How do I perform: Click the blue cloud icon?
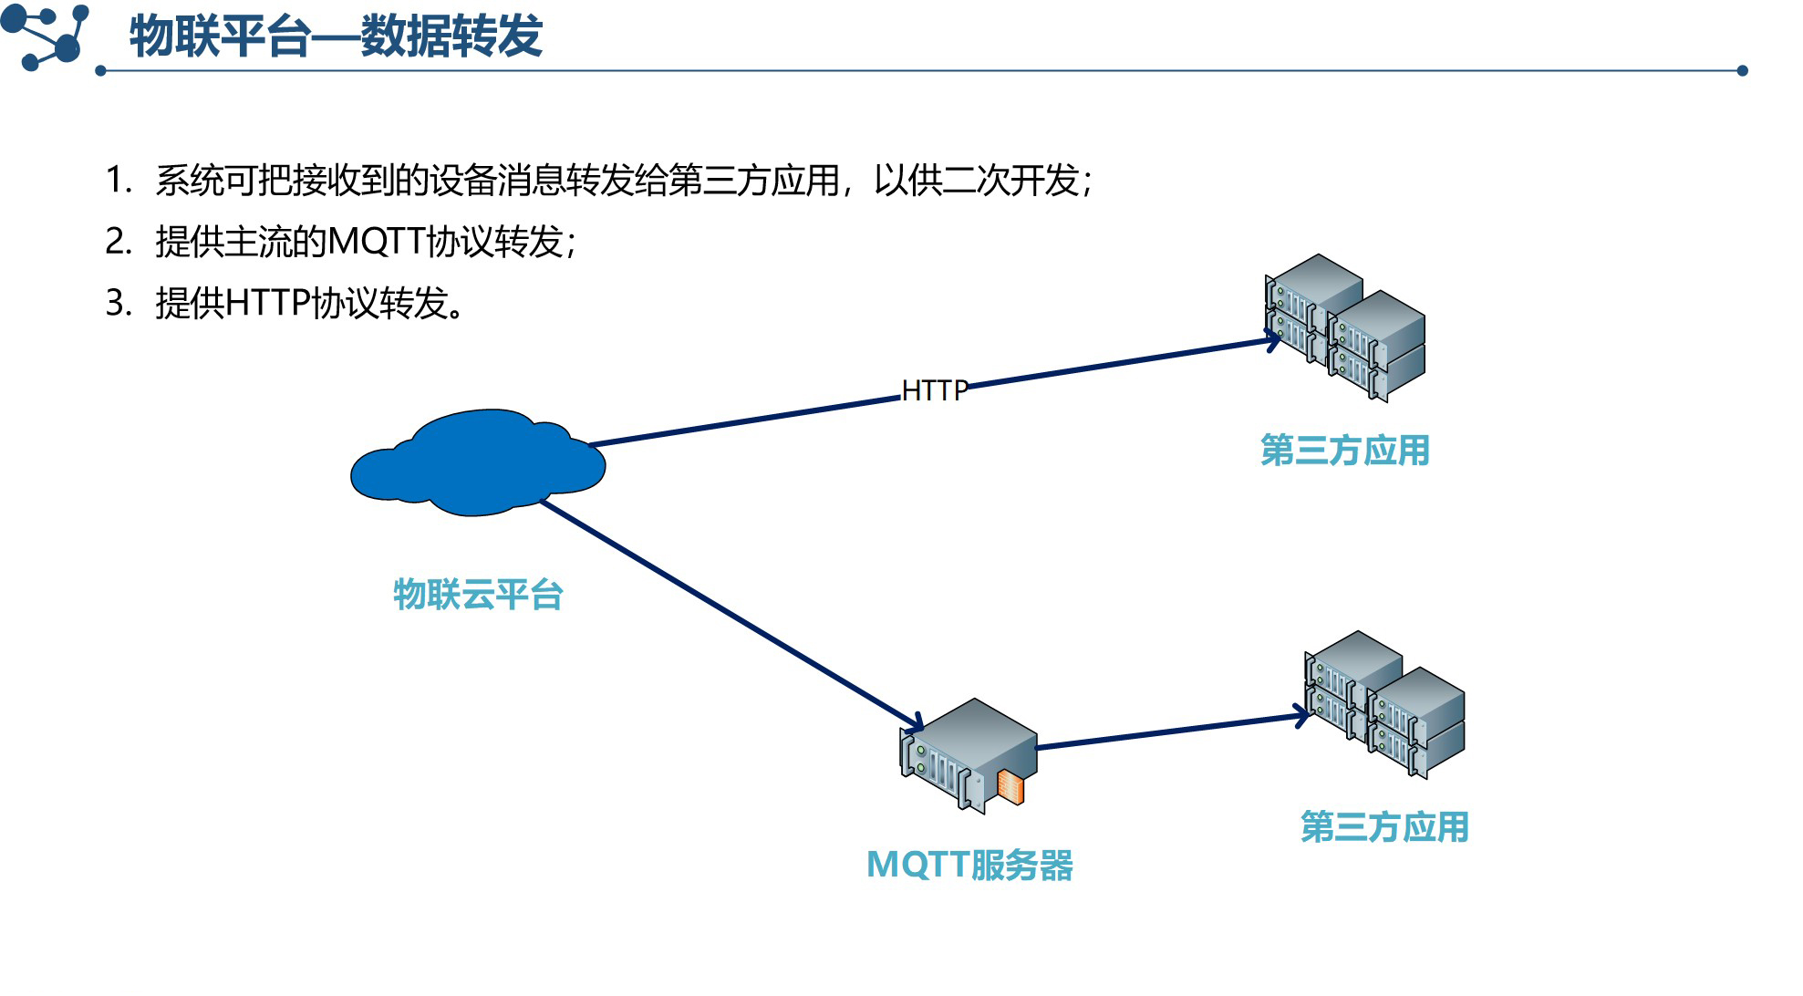(477, 463)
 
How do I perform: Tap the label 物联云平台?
(478, 595)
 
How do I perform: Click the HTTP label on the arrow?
(934, 390)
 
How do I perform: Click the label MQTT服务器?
(969, 865)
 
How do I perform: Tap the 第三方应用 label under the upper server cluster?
(1344, 451)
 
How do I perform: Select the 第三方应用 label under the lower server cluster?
(1384, 827)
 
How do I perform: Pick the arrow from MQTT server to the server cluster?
(1172, 731)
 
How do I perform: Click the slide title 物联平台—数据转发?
(336, 36)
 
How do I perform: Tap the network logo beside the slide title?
(46, 36)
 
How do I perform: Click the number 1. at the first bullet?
(119, 181)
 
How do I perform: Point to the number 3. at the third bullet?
(119, 303)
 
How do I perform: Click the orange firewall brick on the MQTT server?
(1010, 786)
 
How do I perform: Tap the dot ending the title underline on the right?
(1742, 70)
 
